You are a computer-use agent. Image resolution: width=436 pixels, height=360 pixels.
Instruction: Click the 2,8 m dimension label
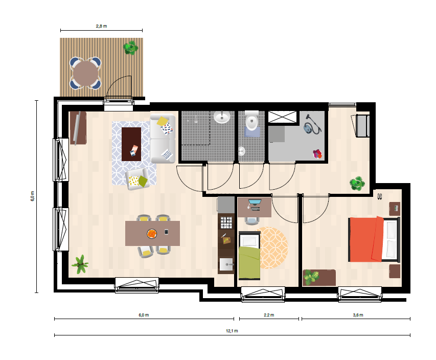point(102,26)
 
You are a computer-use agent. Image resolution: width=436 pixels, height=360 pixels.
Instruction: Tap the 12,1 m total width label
point(232,331)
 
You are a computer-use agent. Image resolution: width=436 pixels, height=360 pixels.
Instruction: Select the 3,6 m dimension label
point(358,315)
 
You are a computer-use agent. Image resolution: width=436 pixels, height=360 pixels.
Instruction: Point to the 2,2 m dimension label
point(269,315)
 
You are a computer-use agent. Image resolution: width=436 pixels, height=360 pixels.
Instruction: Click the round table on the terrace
point(85,73)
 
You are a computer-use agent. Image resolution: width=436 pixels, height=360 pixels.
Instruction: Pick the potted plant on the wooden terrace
point(131,48)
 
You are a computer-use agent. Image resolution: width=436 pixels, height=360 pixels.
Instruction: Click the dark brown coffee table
point(131,144)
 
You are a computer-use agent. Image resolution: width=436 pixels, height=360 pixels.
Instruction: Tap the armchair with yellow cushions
point(137,179)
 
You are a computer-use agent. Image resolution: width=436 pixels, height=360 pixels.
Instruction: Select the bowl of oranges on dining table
point(152,233)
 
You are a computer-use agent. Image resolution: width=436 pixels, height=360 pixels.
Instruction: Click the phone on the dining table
point(166,232)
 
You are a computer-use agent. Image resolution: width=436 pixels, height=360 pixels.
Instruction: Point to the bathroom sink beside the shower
point(222,117)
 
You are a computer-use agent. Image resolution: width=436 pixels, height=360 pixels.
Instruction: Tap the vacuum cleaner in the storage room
point(312,125)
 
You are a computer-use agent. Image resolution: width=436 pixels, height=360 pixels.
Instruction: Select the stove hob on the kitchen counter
point(226,222)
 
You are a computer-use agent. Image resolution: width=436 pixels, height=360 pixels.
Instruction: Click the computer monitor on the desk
point(255,201)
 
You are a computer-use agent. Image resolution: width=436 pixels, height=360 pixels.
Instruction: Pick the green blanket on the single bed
point(249,262)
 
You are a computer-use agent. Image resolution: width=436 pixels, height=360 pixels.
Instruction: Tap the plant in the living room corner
point(80,264)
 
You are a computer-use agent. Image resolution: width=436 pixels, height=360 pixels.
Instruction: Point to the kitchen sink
point(226,264)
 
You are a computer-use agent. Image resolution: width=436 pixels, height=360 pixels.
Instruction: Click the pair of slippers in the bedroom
point(380,196)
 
